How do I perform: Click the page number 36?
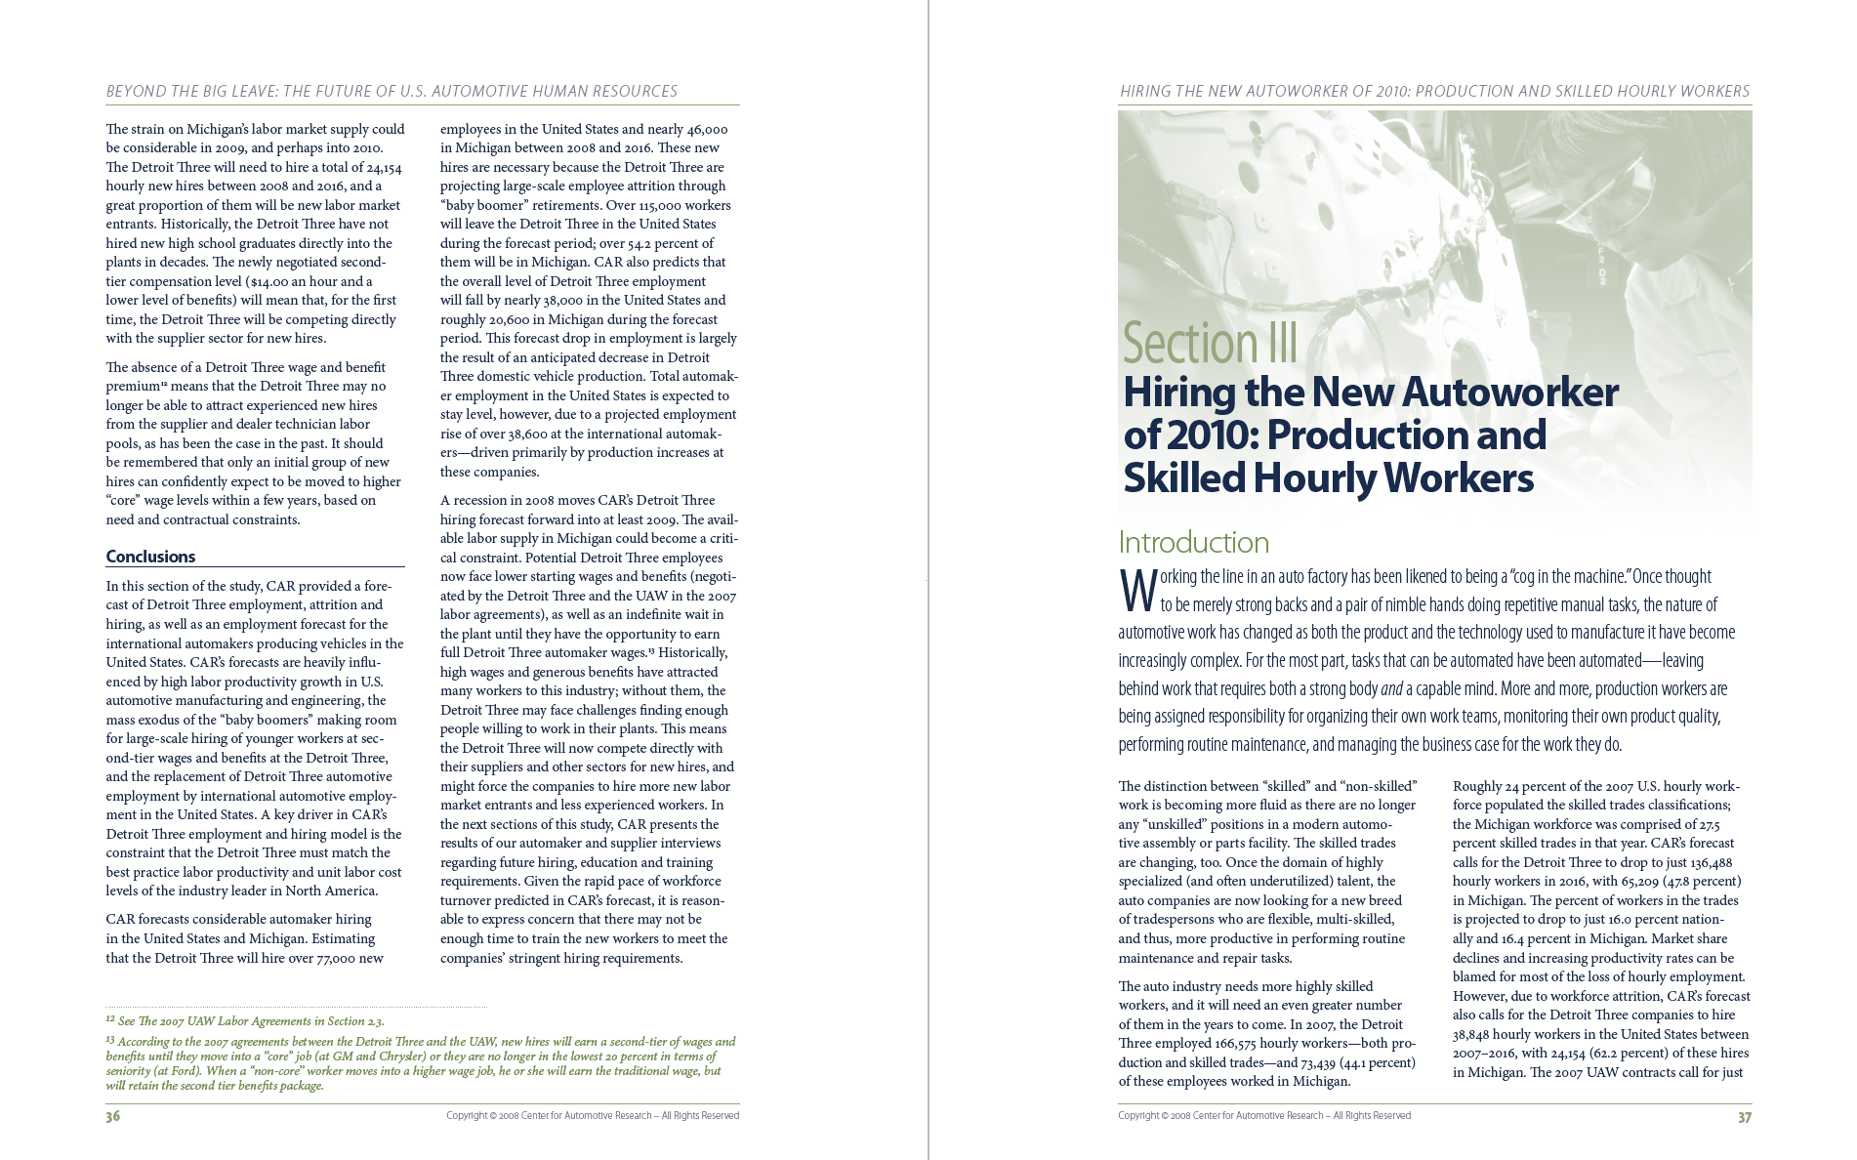coord(113,1116)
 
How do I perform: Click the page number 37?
coord(1744,1116)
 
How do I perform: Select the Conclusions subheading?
coord(150,557)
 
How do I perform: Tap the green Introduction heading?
coord(1193,542)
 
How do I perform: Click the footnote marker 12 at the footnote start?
coord(110,1019)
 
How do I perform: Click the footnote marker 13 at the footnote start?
coord(110,1040)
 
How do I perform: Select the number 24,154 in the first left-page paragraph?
coord(380,167)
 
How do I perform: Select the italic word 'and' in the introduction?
coord(1391,689)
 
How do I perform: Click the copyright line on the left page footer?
coord(593,1115)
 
